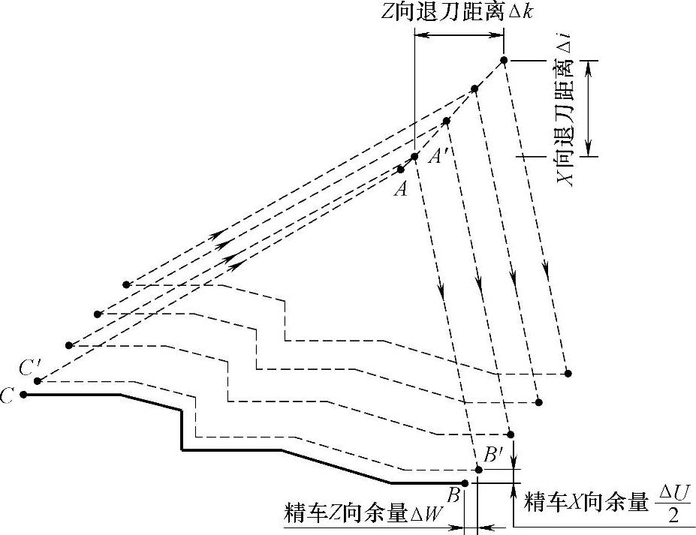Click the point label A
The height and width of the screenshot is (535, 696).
(400, 190)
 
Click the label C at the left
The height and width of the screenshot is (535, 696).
(8, 395)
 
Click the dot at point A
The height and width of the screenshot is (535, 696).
(401, 170)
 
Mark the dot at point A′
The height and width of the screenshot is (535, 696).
(414, 156)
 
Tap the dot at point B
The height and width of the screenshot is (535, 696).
(465, 483)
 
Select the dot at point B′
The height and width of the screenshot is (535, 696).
(479, 470)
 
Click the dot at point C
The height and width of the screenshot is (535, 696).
(24, 394)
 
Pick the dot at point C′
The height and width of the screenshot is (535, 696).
(38, 381)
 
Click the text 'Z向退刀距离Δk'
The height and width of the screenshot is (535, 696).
(456, 13)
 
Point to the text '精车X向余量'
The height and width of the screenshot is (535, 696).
(586, 503)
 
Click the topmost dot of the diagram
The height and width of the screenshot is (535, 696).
(505, 60)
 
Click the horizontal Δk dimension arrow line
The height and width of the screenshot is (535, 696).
(459, 35)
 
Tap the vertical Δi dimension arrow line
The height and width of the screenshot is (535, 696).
(590, 108)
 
